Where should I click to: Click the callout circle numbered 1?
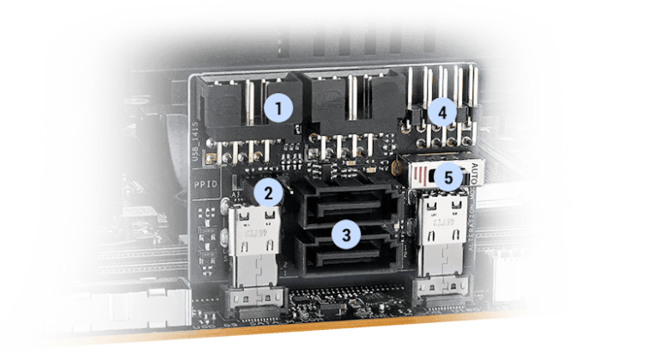[278, 108]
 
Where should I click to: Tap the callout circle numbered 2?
[269, 192]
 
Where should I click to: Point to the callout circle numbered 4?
[442, 112]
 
